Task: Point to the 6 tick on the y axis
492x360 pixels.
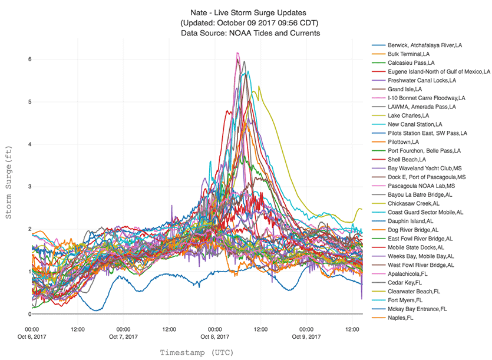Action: coord(21,60)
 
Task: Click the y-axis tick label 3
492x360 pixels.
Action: coord(21,187)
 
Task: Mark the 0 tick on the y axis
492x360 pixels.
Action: coord(21,314)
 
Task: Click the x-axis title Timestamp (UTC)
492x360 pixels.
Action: coord(197,352)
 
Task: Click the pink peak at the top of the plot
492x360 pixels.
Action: coord(237,53)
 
